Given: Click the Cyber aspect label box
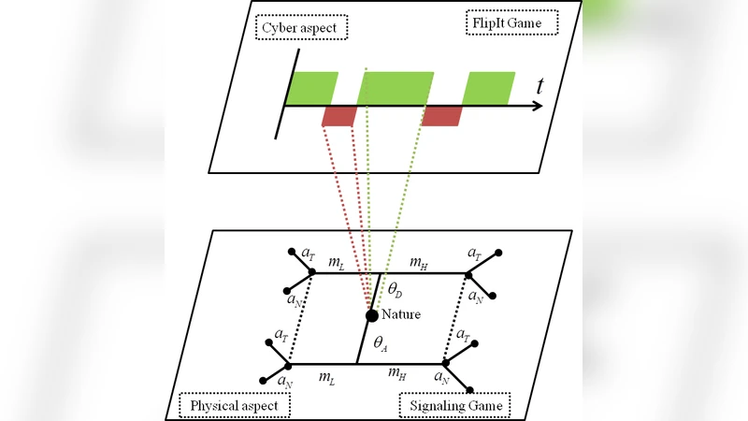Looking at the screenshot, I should pyautogui.click(x=300, y=26).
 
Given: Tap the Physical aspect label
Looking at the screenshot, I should pyautogui.click(x=235, y=405).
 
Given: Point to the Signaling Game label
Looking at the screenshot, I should pyautogui.click(x=452, y=405).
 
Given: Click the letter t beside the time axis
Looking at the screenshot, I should pyautogui.click(x=540, y=87).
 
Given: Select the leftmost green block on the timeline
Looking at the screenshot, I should pyautogui.click(x=311, y=88).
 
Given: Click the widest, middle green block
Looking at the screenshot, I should pyautogui.click(x=396, y=88).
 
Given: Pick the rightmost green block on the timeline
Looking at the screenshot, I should pyautogui.click(x=489, y=88).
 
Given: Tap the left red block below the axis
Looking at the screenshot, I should pyautogui.click(x=338, y=116).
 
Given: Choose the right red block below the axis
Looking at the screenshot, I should pyautogui.click(x=441, y=116).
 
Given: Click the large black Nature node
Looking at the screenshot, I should pyautogui.click(x=371, y=316).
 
